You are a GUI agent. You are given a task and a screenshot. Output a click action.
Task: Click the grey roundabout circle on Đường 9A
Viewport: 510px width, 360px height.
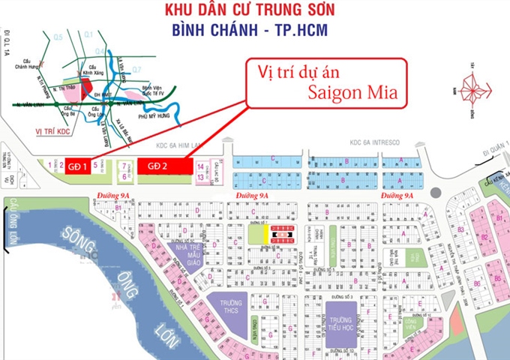tap(436, 193)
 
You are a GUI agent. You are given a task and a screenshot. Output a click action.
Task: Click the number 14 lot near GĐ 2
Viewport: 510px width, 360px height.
tap(200, 166)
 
